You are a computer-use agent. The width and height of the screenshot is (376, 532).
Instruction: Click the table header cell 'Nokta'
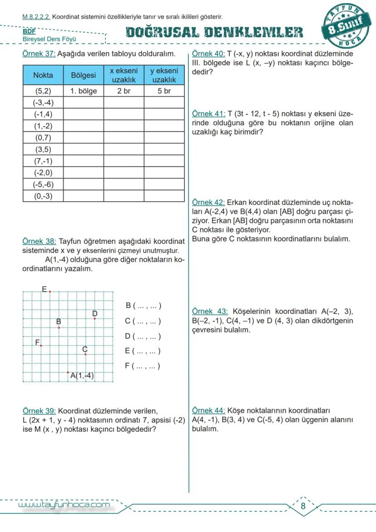coord(43,75)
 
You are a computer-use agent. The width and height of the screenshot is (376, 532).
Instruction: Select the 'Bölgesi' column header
coord(84,75)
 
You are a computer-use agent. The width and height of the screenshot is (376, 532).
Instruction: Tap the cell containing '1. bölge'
coord(84,91)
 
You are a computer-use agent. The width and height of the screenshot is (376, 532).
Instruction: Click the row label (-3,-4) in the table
coord(43,102)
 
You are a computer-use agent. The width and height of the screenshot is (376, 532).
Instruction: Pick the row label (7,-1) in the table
coord(43,161)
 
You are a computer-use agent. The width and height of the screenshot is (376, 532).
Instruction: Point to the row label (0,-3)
coord(43,196)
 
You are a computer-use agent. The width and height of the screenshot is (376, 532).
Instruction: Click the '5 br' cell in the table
coord(164,91)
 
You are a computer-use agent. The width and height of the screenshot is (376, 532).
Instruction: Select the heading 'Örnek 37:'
coord(39,54)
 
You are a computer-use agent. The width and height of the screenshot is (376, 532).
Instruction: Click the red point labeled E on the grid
coord(50,292)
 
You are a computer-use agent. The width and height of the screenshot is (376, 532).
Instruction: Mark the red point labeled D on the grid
coord(94,318)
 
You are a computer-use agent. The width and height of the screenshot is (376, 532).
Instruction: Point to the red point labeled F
coord(41,346)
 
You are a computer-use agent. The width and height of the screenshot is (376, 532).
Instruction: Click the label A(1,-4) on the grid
coord(82,376)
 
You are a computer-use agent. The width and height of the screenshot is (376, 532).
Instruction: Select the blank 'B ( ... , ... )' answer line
coord(143,306)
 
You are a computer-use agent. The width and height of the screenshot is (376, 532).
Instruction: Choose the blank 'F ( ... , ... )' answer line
coord(142,366)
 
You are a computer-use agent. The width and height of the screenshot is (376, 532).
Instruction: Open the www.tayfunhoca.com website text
coord(64,505)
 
